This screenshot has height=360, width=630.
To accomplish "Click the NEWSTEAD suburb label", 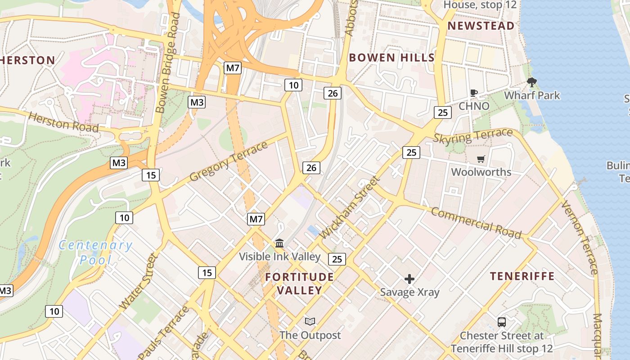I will click(x=481, y=26).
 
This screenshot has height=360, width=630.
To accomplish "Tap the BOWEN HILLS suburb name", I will click(x=391, y=58).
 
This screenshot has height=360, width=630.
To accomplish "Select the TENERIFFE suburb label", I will click(x=522, y=276).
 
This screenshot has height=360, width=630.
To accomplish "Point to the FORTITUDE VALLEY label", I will click(x=299, y=283).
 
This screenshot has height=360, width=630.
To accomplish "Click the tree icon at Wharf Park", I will click(x=532, y=82).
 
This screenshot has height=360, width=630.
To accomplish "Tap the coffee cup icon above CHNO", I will click(x=473, y=93).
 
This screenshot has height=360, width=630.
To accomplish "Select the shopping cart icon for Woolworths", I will click(x=481, y=159).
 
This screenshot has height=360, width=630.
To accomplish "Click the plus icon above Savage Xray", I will click(x=409, y=279).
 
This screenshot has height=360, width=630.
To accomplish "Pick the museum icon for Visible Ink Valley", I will click(x=279, y=243).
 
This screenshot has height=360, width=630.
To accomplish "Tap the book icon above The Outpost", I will click(x=310, y=321).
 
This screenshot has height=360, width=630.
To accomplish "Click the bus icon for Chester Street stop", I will click(x=502, y=322).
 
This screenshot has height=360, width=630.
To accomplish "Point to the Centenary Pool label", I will click(x=95, y=252).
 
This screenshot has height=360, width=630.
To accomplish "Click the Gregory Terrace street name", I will click(x=229, y=161).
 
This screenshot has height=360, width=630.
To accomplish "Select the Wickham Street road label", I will click(x=349, y=208).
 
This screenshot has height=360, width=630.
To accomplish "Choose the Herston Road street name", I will click(x=63, y=122).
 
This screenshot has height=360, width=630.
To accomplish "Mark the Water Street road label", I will click(x=139, y=281).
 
